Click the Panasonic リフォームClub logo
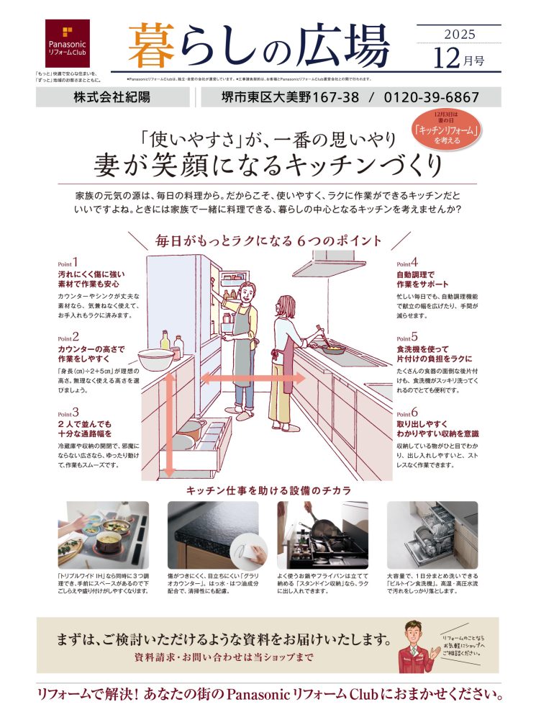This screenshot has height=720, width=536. tap(68, 43)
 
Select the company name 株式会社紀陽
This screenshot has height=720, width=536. tap(112, 97)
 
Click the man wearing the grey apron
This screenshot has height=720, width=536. tap(242, 338)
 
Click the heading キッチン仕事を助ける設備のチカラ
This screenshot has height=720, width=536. tap(268, 490)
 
